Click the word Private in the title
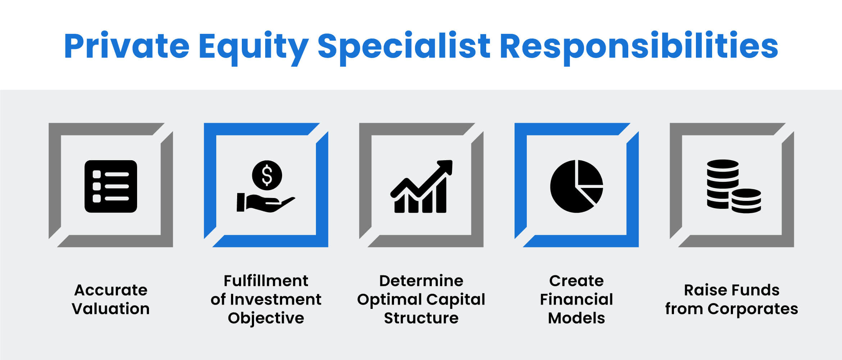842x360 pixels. [127, 46]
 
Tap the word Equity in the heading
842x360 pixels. [253, 47]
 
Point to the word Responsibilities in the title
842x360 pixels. [639, 47]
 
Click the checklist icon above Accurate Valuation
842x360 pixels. [111, 186]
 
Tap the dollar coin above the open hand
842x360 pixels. [267, 175]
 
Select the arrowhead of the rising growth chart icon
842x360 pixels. [445, 167]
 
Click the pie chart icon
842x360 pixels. [576, 186]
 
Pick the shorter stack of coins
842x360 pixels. [746, 201]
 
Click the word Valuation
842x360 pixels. [110, 309]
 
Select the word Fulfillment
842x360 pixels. [266, 281]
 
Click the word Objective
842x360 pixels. [266, 318]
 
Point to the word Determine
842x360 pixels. [421, 281]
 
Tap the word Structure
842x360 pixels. [421, 318]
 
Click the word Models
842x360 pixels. [576, 318]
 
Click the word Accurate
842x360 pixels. [111, 290]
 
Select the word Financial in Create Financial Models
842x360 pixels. [576, 300]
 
